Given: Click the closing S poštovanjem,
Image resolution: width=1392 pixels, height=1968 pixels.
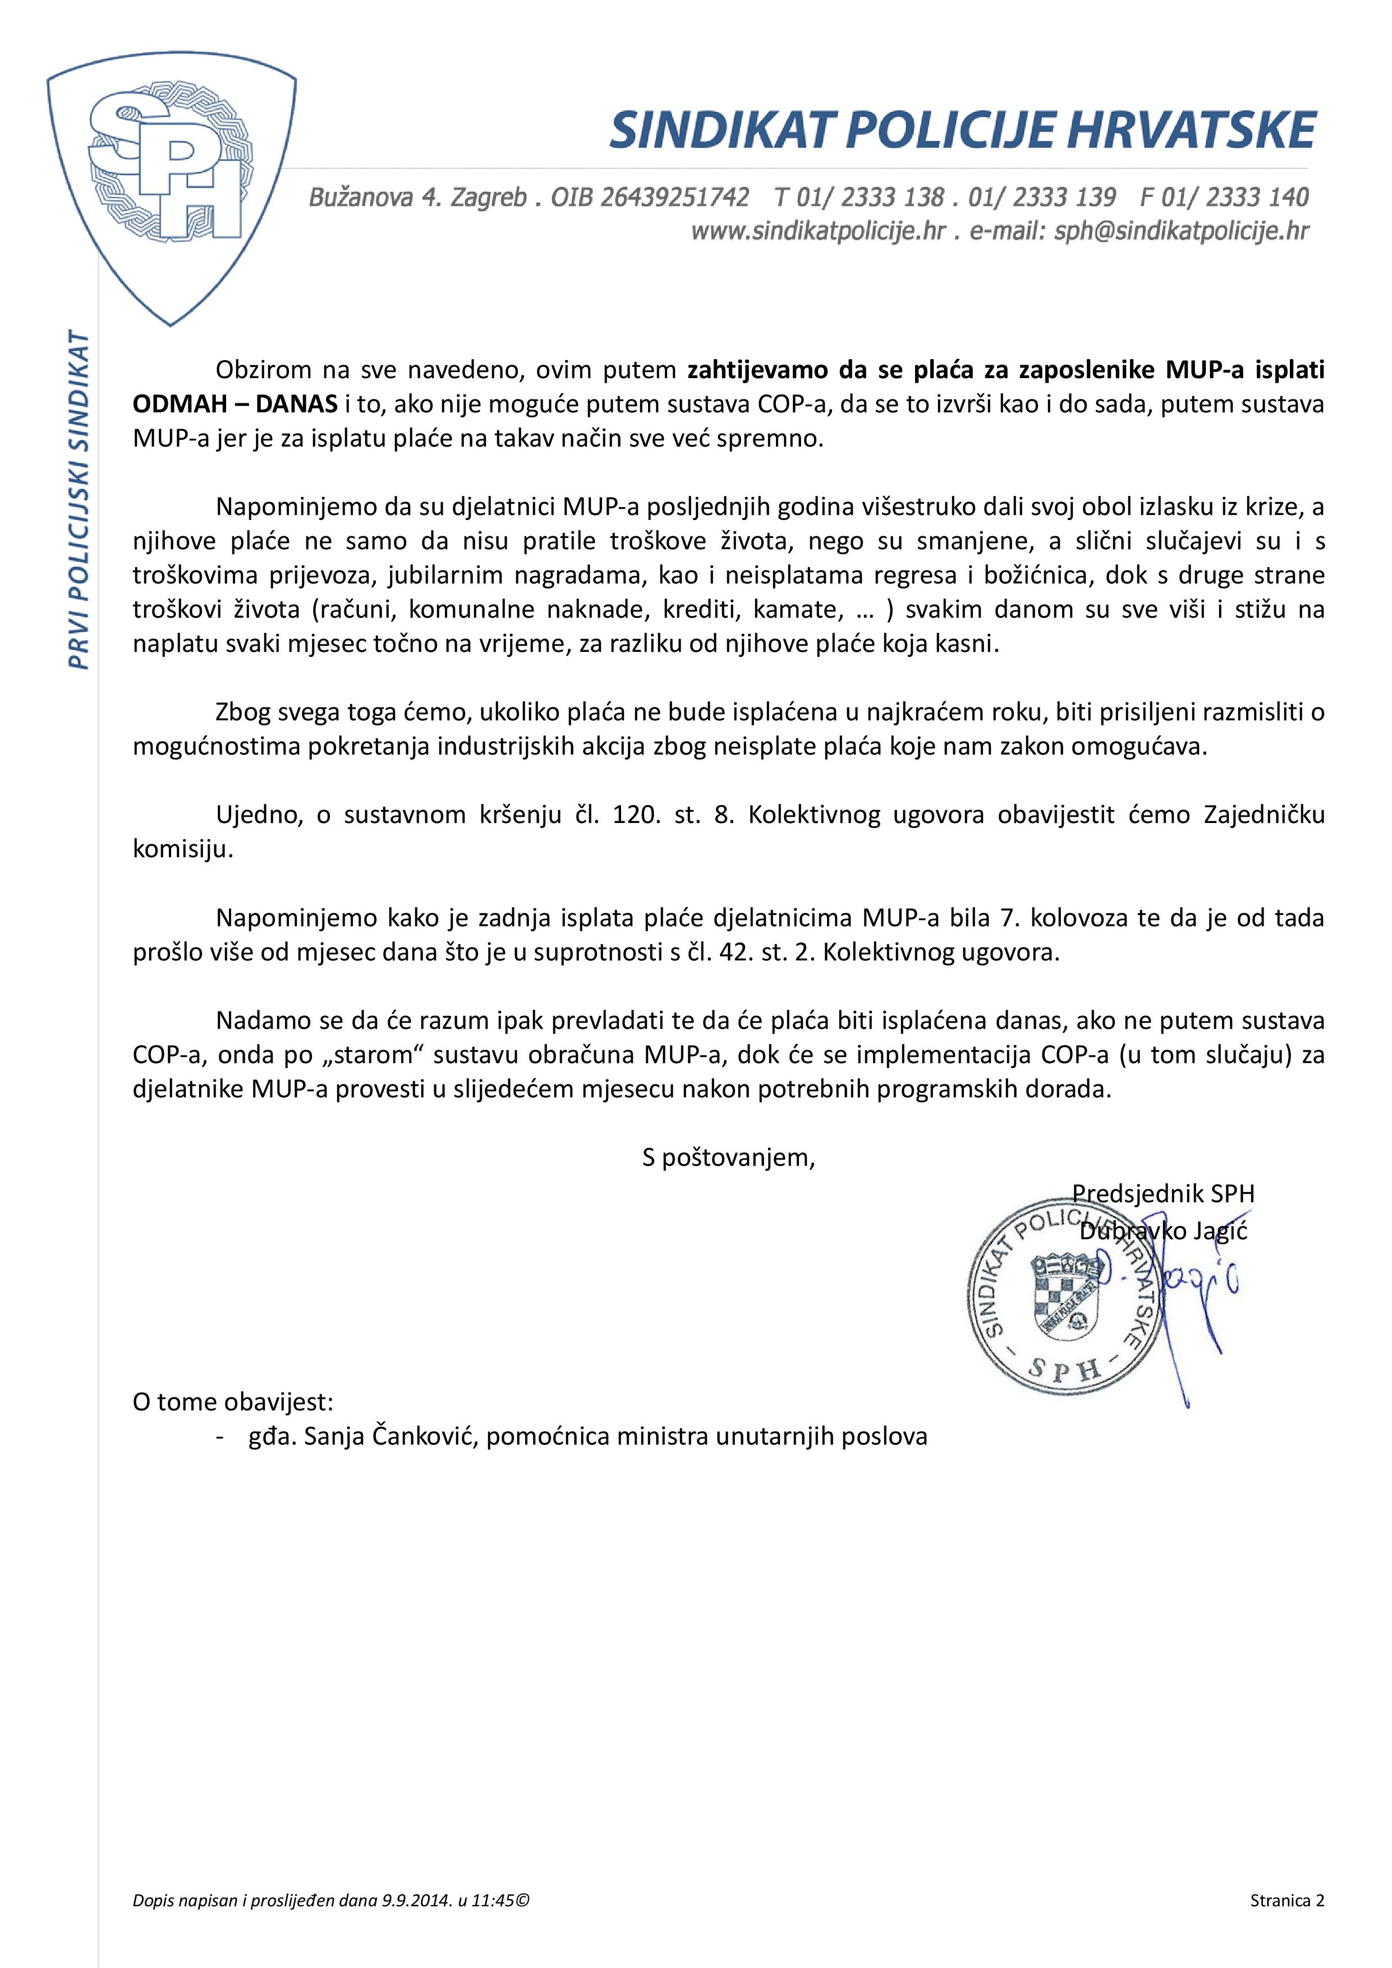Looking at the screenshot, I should pyautogui.click(x=729, y=1158).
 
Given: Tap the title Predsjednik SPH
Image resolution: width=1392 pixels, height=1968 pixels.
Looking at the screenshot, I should pyautogui.click(x=1163, y=1193).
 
